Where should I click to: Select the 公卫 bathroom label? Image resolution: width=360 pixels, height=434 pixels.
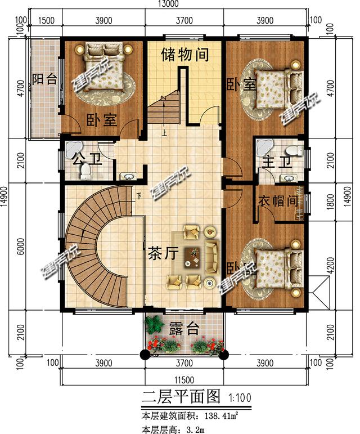82,158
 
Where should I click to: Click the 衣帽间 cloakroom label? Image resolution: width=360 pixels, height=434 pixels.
277,201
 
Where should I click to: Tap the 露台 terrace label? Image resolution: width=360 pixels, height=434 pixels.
184,329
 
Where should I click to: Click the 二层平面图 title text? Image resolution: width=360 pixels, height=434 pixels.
180,397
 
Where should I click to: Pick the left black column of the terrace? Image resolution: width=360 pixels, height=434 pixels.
145,354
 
